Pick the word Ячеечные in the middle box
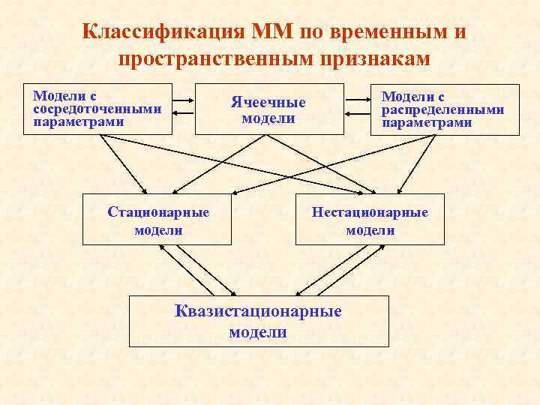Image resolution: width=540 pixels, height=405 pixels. pyautogui.click(x=268, y=103)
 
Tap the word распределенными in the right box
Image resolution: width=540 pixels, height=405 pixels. pyautogui.click(x=442, y=109)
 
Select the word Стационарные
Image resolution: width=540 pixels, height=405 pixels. pyautogui.click(x=158, y=212)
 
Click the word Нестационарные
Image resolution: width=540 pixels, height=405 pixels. pyautogui.click(x=370, y=212)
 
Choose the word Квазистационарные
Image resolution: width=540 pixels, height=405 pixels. pyautogui.click(x=257, y=310)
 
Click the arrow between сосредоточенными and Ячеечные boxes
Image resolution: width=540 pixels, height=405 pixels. pyautogui.click(x=183, y=109)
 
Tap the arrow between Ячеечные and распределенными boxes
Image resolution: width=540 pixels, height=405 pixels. pyautogui.click(x=358, y=109)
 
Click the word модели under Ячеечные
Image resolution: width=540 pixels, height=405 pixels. pyautogui.click(x=268, y=118)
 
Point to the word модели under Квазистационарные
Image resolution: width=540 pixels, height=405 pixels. pyautogui.click(x=257, y=332)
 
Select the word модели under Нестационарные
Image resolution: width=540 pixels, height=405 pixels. pyautogui.click(x=370, y=230)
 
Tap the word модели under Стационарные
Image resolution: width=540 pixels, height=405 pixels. pyautogui.click(x=158, y=230)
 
